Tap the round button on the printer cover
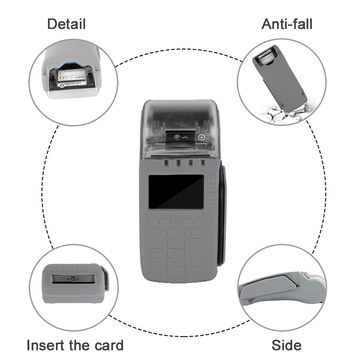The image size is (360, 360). [x=203, y=138]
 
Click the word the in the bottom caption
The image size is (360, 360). [x=76, y=345]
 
